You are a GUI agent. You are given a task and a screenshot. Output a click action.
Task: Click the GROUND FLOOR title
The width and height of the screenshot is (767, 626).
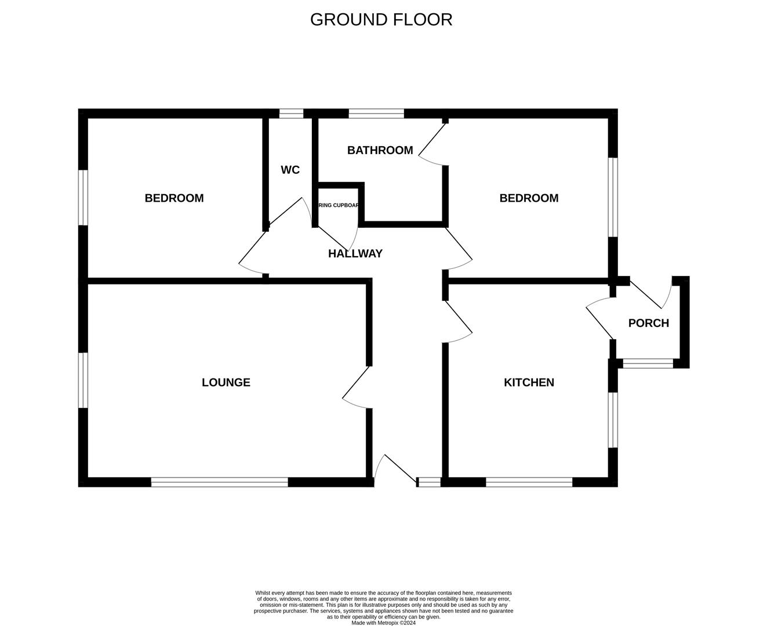[381, 20]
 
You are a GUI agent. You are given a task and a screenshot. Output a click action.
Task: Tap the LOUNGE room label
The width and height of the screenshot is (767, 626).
[226, 383]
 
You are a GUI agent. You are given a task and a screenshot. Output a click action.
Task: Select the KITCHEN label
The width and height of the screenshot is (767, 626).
[529, 383]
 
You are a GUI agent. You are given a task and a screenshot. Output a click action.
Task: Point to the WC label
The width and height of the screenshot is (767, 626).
[290, 170]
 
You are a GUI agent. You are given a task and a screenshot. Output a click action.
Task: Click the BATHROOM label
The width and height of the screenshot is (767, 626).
[380, 151]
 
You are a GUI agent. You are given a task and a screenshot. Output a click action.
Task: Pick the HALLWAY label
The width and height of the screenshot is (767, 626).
[355, 254]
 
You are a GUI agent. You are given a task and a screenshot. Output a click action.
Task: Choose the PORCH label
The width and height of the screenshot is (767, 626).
[648, 323]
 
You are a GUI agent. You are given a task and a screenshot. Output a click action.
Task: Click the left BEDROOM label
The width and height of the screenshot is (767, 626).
[174, 198]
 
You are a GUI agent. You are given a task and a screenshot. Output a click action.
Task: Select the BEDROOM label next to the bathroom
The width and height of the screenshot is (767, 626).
[529, 198]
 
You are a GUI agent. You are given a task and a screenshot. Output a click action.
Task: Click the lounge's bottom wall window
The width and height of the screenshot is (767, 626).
[219, 482]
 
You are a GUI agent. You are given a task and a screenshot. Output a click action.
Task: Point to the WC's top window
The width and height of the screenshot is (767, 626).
[291, 114]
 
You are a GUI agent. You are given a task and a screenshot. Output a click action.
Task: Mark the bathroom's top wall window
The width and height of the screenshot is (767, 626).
[376, 114]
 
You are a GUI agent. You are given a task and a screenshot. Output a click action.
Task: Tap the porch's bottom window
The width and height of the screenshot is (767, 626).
[648, 364]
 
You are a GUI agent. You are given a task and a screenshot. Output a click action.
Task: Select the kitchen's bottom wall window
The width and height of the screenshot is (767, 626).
[529, 482]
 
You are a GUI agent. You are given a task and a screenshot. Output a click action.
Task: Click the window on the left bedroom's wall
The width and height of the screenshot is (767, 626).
[83, 197]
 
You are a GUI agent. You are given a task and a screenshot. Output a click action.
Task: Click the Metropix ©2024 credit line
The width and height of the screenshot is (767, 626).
[383, 623]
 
